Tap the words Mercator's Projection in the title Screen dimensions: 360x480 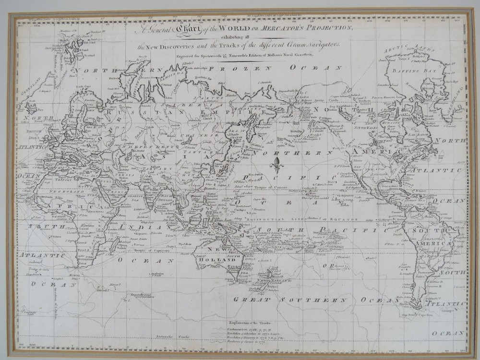[298, 27]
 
